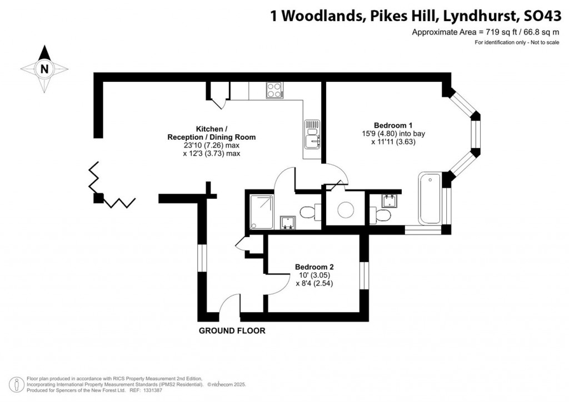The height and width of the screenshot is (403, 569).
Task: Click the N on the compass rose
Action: pos(44,68)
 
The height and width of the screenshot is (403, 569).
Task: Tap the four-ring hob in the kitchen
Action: pos(275,90)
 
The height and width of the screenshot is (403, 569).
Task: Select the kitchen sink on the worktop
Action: pos(312,134)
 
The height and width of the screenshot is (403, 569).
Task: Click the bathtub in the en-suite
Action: pos(430,198)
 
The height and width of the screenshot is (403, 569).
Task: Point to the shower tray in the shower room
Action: pos(262,212)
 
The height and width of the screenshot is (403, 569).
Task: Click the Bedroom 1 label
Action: pos(393,125)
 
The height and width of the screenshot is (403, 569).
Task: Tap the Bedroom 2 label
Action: pos(315,267)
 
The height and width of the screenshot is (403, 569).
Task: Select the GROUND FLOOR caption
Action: pos(232,331)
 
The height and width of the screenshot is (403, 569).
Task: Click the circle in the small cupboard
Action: pos(346,210)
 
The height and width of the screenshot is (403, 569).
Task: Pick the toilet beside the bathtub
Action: pos(380,214)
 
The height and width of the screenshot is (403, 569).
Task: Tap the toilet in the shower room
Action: pos(311,212)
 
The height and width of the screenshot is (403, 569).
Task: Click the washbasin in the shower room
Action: pos(288,223)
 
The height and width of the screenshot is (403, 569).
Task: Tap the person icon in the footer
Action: pos(16,385)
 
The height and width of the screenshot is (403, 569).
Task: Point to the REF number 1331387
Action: pos(153,390)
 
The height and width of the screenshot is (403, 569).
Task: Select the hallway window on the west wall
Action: pos(202,258)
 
